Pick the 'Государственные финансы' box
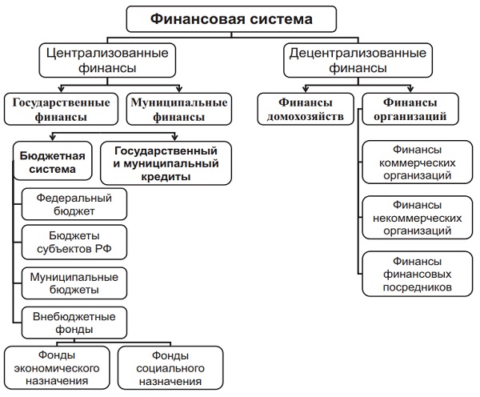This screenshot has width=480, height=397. point(60,109)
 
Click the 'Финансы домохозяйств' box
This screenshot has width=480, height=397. point(303,109)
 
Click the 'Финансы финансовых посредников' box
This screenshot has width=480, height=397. point(411,274)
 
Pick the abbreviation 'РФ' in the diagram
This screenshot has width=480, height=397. point(102,250)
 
